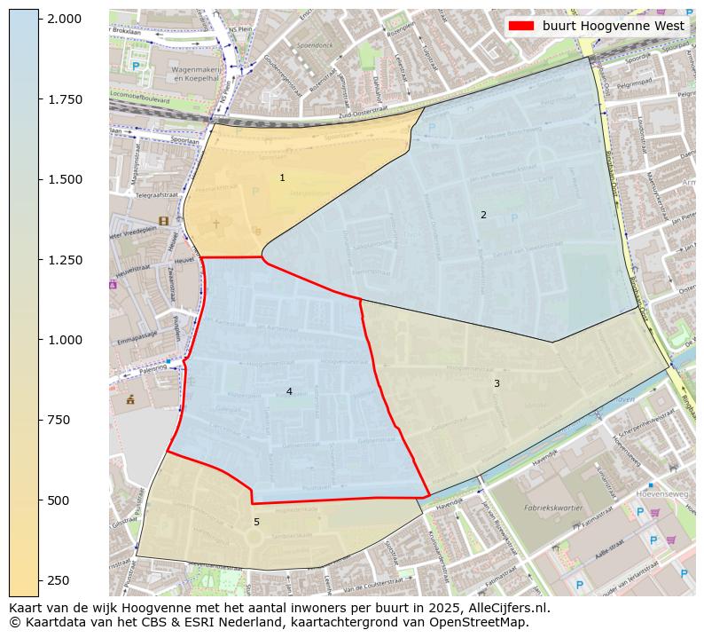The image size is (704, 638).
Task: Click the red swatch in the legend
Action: tap(521, 26)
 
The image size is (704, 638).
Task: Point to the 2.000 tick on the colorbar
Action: tap(40, 19)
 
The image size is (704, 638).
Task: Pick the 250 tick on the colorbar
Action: tap(40, 580)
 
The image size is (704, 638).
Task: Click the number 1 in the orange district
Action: tap(282, 178)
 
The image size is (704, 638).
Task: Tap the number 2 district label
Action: tap(483, 215)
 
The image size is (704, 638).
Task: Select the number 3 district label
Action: tap(497, 383)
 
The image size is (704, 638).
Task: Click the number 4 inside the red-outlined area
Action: tap(289, 391)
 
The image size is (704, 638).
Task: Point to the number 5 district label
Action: tap(256, 523)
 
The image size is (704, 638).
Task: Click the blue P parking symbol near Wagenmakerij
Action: tap(136, 66)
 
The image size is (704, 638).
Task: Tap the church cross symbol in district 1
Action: tap(215, 224)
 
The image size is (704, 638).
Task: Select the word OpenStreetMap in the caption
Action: tap(483, 623)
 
